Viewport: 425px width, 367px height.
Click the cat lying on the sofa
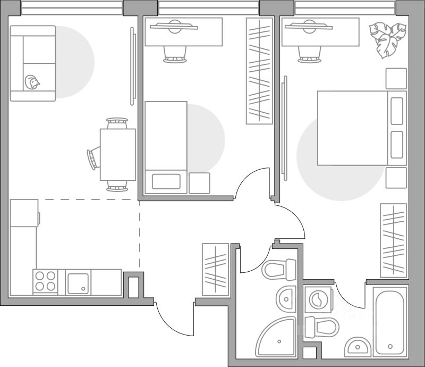32,82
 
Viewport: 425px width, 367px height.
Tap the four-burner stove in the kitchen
45,281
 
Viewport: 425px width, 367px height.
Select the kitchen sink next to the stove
78,281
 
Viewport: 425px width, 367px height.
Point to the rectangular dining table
117,155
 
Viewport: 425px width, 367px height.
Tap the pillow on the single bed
166,181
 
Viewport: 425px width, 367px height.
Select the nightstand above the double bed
396,79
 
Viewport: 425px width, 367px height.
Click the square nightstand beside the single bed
199,183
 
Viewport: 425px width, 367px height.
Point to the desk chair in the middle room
175,54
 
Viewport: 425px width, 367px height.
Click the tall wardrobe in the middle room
259,70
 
